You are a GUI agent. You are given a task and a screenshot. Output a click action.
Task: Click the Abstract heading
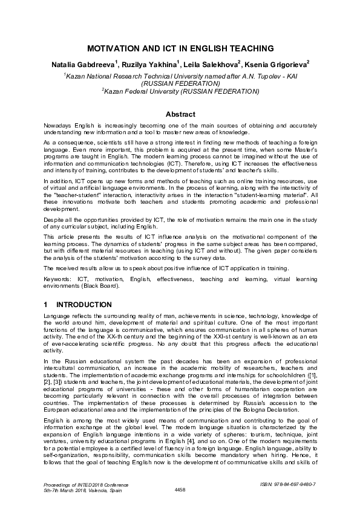tap(180, 114)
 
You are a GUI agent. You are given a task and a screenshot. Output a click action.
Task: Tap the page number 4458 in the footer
tap(180, 488)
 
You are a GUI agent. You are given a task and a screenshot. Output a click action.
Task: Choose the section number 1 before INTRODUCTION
tap(46, 304)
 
